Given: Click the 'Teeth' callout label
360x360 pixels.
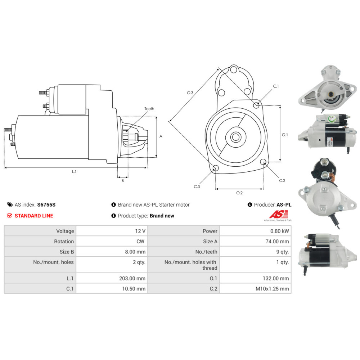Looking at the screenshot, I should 149,109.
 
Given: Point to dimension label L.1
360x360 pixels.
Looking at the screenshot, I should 74,172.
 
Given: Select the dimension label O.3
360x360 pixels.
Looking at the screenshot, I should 190,93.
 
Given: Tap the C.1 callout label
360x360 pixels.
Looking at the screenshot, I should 276,86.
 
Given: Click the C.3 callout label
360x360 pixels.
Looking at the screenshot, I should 197,186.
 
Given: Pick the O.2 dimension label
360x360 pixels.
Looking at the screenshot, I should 239,193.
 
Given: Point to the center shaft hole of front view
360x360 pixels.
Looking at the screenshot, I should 236,137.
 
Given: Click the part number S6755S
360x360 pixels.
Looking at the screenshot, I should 46,205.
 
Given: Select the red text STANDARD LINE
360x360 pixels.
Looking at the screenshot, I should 34,216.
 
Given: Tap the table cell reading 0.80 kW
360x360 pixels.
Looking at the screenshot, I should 280,231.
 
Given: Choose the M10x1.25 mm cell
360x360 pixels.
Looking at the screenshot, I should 272,289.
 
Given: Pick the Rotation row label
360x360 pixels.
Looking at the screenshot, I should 64,242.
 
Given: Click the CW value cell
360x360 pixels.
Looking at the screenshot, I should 141,242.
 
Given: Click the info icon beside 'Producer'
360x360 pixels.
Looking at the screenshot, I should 250,205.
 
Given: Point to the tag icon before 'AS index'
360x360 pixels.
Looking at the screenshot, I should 10,205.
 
